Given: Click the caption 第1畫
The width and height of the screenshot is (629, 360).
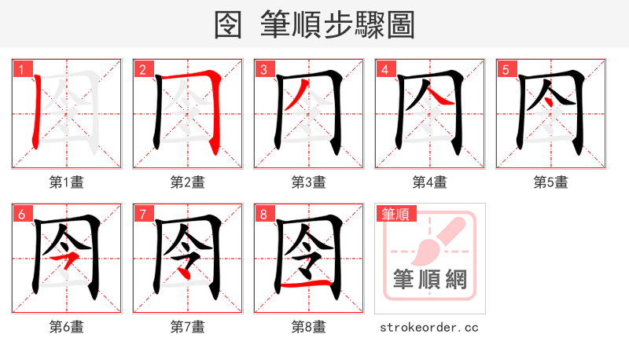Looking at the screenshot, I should [x=66, y=182].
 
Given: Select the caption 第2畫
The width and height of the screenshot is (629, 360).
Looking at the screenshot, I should [x=187, y=182].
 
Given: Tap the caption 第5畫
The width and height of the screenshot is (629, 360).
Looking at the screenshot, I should [x=550, y=182].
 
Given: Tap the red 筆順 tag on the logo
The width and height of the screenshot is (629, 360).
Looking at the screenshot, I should [x=395, y=214].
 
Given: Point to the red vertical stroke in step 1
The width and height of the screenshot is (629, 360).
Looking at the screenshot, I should [x=38, y=110].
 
